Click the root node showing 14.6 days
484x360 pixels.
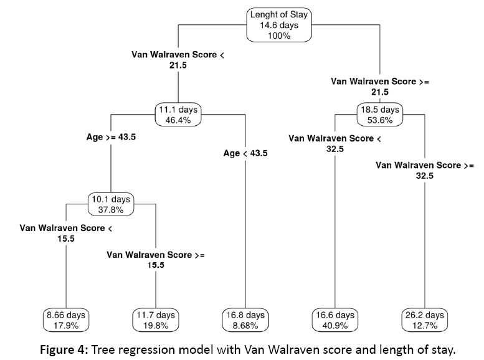279,25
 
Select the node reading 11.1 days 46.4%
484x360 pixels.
179,116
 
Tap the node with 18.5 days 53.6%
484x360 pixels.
381,116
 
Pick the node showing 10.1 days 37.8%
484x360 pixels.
110,204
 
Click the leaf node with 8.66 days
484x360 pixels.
65,320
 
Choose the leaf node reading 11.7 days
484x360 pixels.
155,320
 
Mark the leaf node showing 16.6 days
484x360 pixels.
335,320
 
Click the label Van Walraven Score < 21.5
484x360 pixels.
178,60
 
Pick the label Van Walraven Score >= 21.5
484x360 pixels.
380,86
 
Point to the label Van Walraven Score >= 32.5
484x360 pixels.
425,171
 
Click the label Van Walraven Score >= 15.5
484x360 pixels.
155,260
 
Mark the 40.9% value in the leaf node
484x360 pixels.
335,324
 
